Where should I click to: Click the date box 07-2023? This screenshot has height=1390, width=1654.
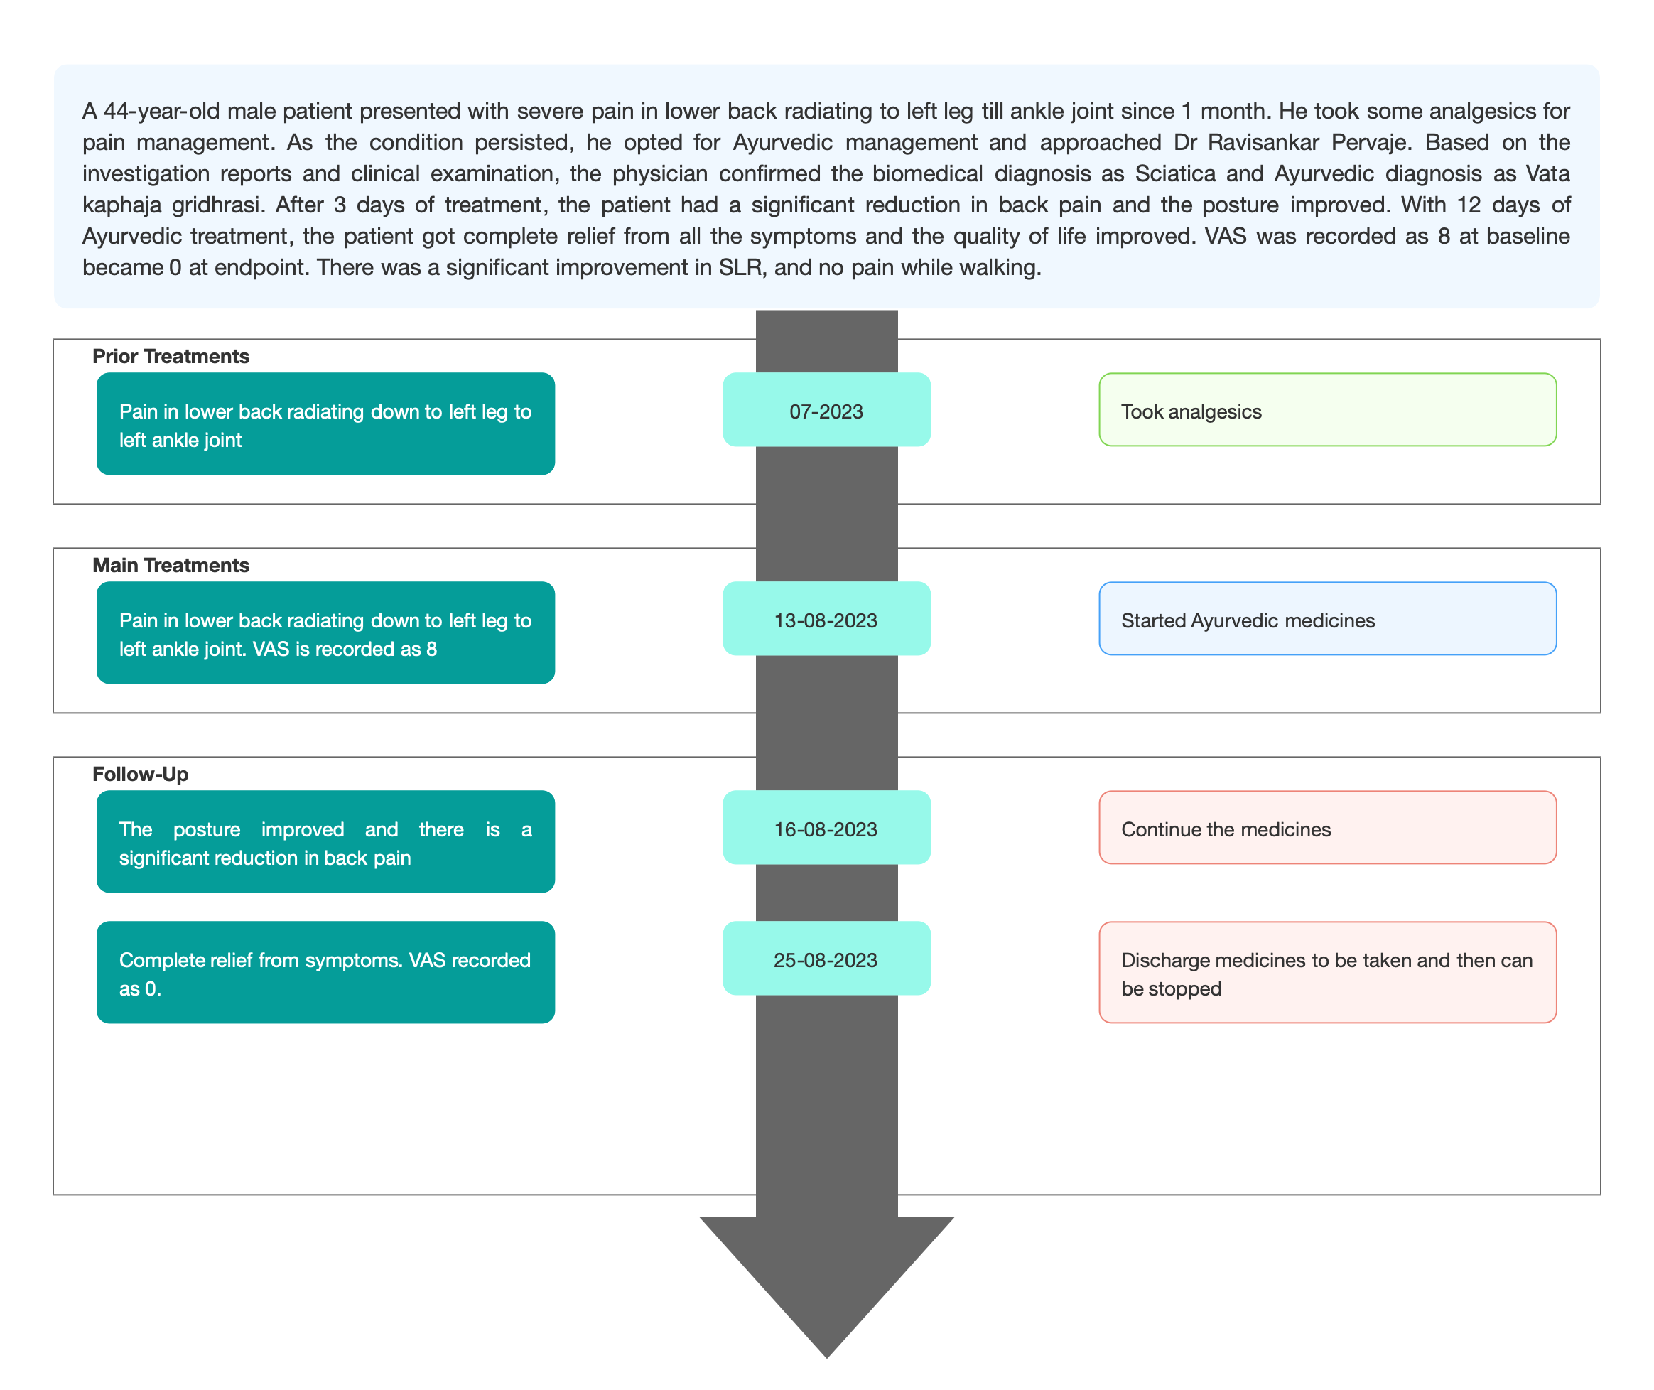pos(826,410)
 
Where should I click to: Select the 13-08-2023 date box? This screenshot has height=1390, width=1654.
pos(826,618)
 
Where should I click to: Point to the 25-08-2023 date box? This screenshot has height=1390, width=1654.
pos(826,958)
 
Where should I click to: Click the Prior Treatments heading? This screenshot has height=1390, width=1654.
pos(171,356)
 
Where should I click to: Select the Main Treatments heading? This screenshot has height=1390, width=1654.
pos(171,565)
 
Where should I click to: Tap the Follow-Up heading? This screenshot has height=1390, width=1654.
pos(140,774)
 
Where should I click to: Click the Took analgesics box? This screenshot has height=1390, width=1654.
pos(1328,410)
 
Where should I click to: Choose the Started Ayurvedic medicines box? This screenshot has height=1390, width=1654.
pos(1328,618)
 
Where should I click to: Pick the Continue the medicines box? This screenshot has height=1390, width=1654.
pos(1328,827)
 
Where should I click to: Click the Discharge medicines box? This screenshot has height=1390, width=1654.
pos(1328,972)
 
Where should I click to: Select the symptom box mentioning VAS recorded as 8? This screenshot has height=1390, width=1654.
pos(326,632)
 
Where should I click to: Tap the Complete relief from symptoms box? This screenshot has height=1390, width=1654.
pos(326,972)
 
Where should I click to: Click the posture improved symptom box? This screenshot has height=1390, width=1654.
pos(326,841)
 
